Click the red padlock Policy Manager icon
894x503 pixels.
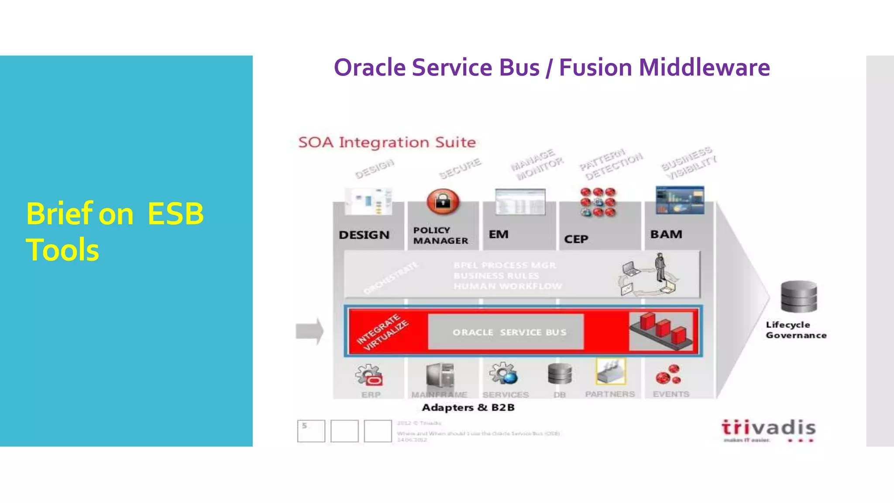[x=443, y=202]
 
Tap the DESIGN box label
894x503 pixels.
[x=364, y=235]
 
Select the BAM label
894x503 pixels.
[x=666, y=234]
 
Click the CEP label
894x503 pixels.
[x=576, y=239]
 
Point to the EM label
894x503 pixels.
[x=499, y=234]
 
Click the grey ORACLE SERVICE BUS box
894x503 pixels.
[x=505, y=332]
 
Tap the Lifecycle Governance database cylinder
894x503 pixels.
[x=798, y=297]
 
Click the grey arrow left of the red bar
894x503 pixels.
[x=309, y=331]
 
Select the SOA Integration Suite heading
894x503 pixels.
[x=387, y=142]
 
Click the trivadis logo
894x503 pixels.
[x=768, y=430]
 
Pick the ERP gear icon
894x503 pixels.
[x=369, y=375]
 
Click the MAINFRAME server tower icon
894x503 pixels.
[x=440, y=376]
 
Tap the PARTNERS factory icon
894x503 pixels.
[x=611, y=372]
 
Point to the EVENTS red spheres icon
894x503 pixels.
[x=668, y=375]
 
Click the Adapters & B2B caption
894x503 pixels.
[x=468, y=407]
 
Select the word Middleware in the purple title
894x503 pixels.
[x=704, y=68]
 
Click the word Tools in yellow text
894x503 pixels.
[x=62, y=250]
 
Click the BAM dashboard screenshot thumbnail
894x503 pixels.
[x=680, y=200]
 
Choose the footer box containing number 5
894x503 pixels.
[x=311, y=431]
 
